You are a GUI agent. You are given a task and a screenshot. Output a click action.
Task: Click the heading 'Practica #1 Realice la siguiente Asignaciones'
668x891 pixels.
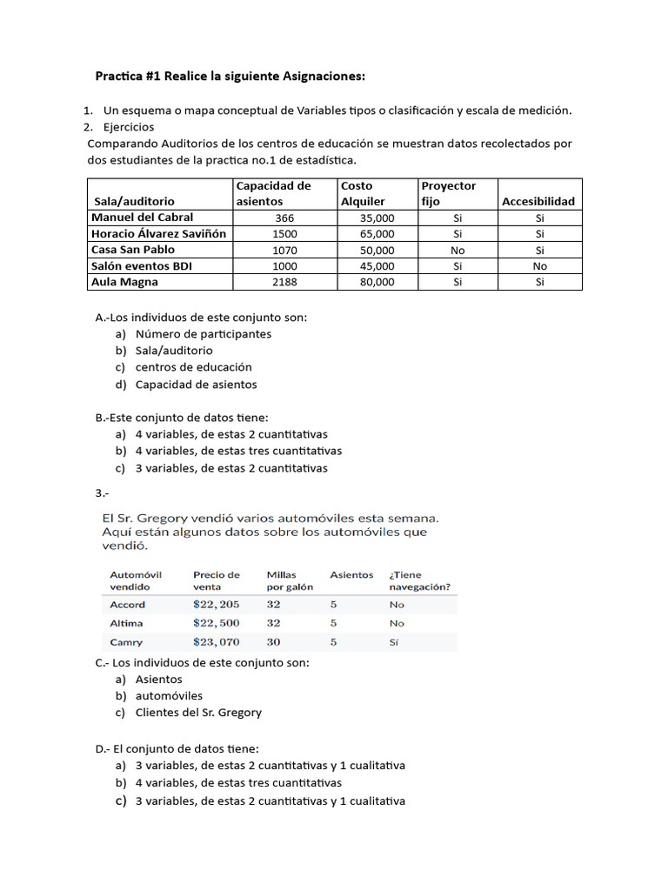pos(230,77)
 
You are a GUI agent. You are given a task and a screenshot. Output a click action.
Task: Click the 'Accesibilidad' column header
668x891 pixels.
pos(538,201)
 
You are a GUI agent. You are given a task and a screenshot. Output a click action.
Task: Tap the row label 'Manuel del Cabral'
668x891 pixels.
pos(143,218)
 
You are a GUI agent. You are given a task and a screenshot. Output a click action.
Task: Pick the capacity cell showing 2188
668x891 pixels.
pos(284,282)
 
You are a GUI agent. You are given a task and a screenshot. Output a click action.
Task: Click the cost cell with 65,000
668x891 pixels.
pos(377,234)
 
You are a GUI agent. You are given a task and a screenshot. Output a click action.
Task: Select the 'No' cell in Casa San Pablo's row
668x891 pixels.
pos(458,250)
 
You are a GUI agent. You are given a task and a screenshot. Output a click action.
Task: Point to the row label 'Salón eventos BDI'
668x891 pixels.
pos(142,266)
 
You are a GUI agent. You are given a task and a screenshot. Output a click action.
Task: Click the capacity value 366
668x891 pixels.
pos(284,218)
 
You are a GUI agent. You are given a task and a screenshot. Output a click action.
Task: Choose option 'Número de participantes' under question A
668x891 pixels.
pos(203,334)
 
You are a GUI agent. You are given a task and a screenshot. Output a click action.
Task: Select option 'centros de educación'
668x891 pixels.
pos(193,367)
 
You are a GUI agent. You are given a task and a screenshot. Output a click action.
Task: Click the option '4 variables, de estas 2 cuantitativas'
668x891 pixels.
pos(231,434)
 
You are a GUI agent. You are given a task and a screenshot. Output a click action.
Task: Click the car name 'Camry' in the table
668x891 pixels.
pos(126,642)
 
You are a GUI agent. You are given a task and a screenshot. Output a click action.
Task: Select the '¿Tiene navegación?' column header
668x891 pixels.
pos(420,580)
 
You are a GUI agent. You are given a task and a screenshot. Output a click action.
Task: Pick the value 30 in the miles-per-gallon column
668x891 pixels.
pos(273,642)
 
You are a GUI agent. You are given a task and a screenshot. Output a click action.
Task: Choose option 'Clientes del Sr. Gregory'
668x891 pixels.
pos(198,713)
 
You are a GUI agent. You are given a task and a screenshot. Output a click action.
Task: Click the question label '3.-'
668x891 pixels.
pos(102,493)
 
